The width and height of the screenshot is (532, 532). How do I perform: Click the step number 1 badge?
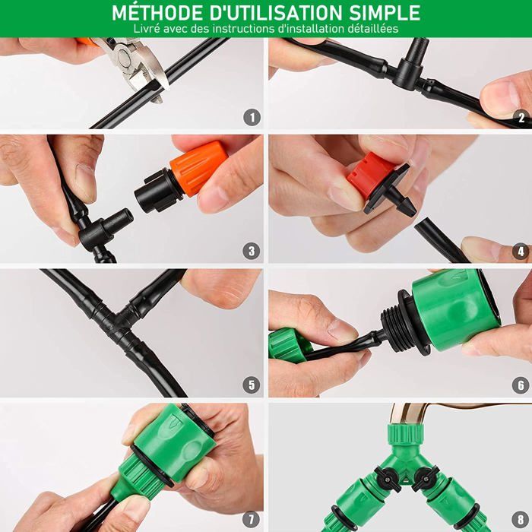[x=252, y=118]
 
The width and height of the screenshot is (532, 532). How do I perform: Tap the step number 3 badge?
[x=252, y=252]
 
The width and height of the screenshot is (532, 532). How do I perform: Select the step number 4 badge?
[x=521, y=252]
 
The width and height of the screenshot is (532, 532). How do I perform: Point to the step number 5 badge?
[x=252, y=385]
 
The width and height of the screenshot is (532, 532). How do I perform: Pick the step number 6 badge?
[x=521, y=385]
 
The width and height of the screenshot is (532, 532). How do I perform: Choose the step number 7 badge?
[x=252, y=519]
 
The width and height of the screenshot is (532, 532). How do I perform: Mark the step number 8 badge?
[x=521, y=519]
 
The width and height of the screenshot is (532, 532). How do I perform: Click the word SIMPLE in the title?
[x=385, y=13]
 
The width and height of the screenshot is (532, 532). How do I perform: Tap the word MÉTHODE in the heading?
[x=157, y=12]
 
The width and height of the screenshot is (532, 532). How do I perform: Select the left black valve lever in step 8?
[x=385, y=478]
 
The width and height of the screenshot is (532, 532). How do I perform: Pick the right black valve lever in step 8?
[x=423, y=478]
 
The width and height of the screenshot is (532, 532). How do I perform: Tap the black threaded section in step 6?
[x=397, y=321]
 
